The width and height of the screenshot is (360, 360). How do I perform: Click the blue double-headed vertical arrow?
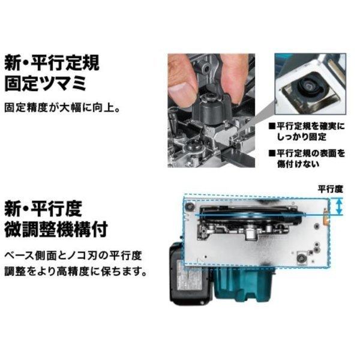340,207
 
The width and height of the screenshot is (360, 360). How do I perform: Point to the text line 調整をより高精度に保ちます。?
76,271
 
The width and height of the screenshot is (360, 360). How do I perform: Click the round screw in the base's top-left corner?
190,206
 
